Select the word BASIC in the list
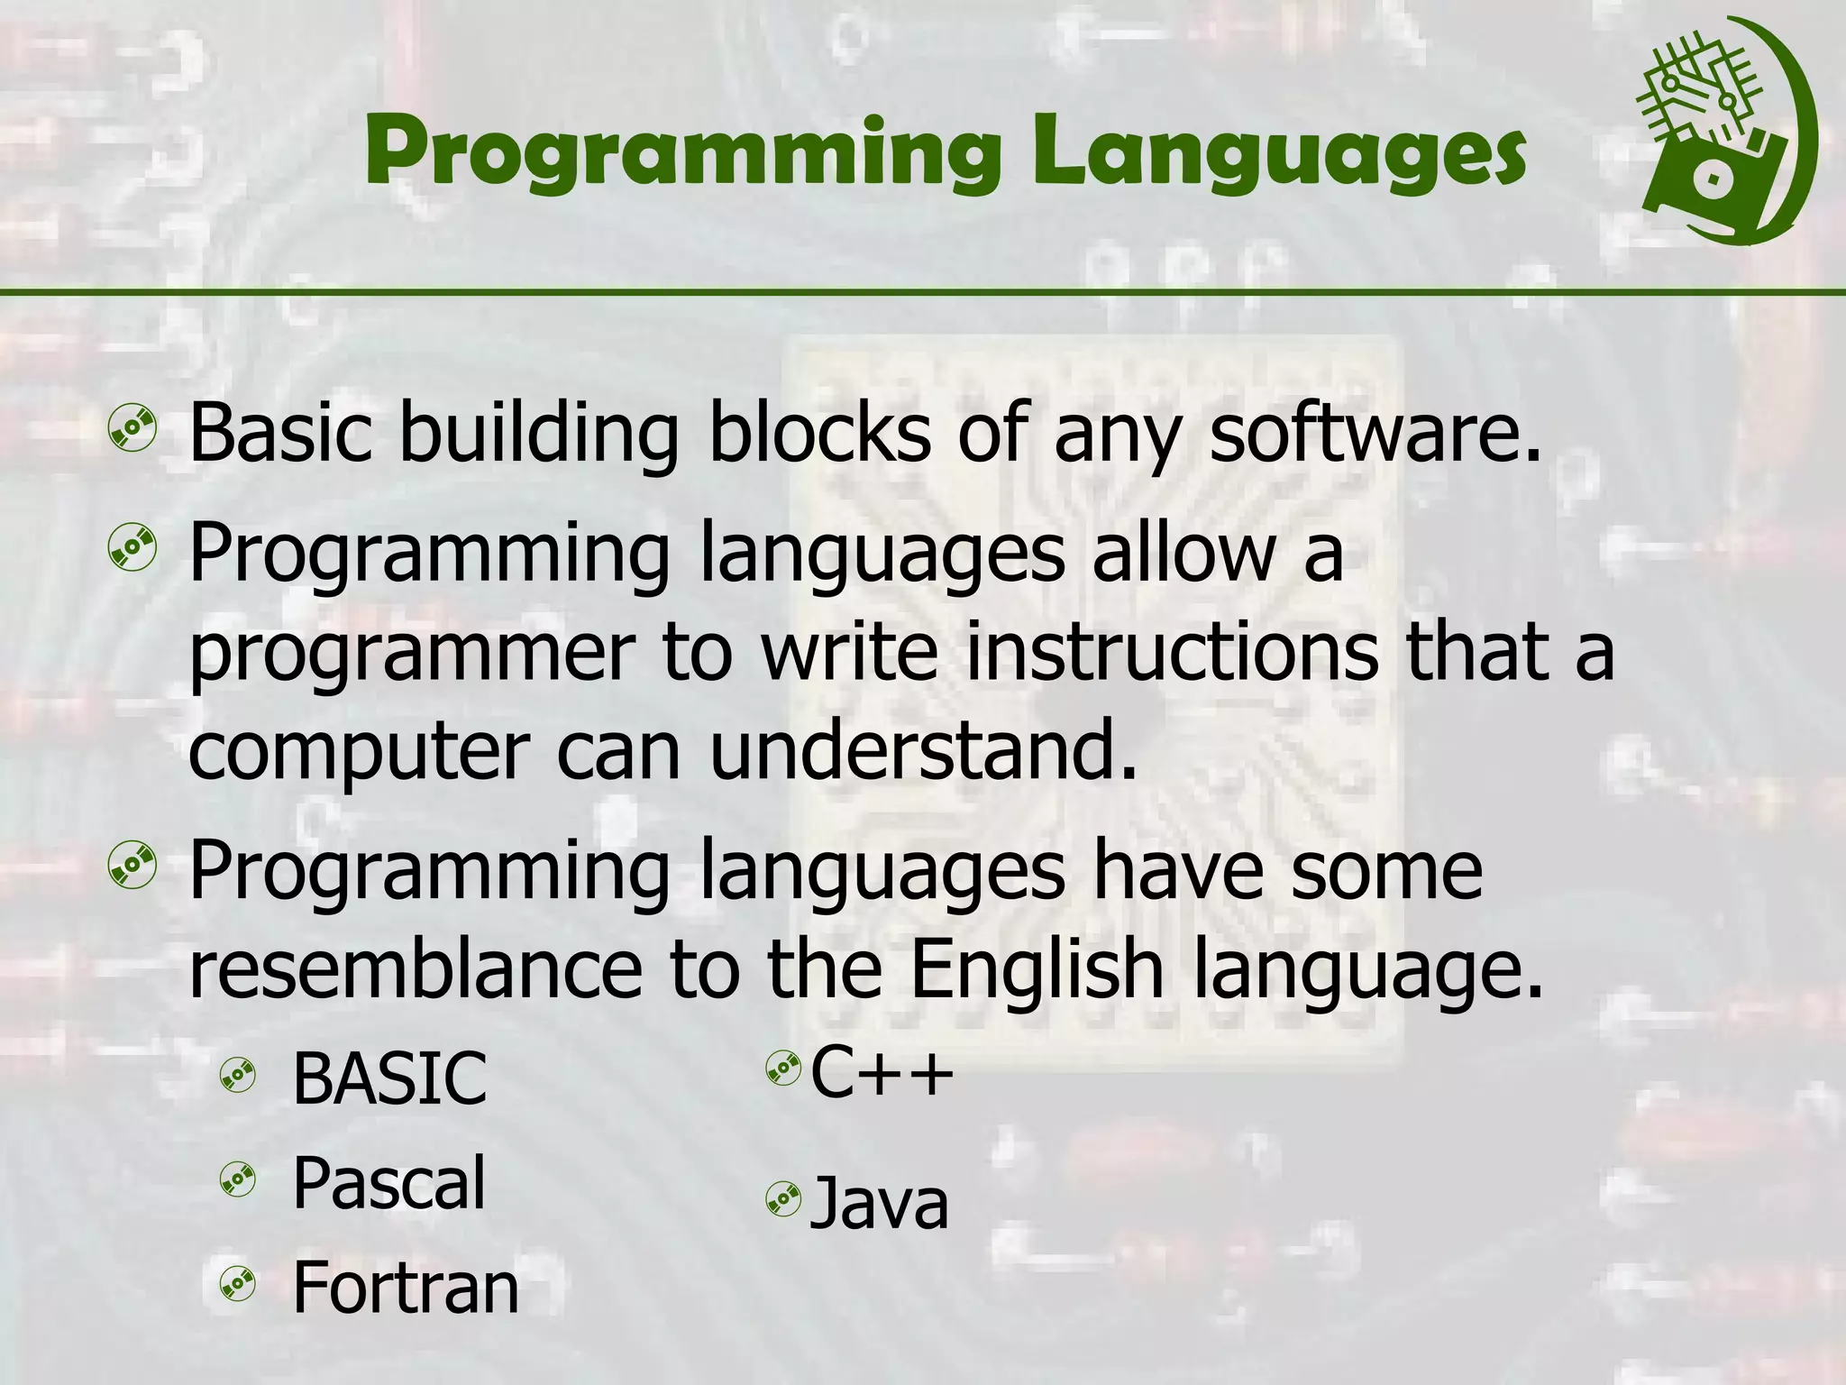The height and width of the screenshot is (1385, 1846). click(x=389, y=1078)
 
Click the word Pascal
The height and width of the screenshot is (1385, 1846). click(x=389, y=1183)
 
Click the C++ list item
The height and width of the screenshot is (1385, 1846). click(x=882, y=1073)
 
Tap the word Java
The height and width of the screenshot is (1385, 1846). click(x=880, y=1204)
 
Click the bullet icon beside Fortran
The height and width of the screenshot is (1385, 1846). click(x=238, y=1284)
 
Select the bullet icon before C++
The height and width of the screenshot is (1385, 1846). click(x=782, y=1069)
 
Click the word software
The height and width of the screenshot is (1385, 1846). click(x=1375, y=435)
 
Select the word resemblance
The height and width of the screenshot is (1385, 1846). click(x=415, y=970)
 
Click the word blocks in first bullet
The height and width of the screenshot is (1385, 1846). click(x=818, y=435)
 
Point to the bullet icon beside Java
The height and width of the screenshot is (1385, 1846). click(x=782, y=1199)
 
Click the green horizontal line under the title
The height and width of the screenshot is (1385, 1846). click(x=923, y=292)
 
